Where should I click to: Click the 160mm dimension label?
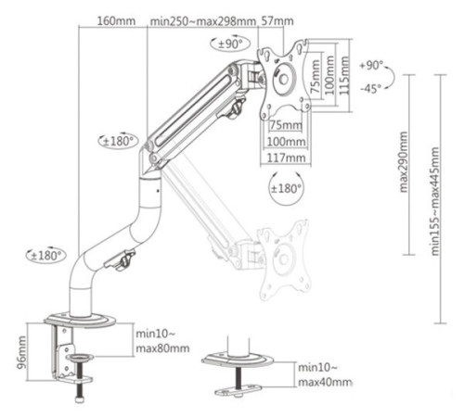116,21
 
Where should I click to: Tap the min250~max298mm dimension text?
203,21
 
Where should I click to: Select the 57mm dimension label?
277,21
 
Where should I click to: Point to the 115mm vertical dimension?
343,75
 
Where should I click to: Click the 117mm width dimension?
286,158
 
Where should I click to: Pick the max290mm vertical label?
404,162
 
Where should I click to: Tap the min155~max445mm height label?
435,201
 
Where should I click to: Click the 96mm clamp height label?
21,353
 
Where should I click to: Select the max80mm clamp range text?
162,348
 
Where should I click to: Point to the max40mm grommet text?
325,383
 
